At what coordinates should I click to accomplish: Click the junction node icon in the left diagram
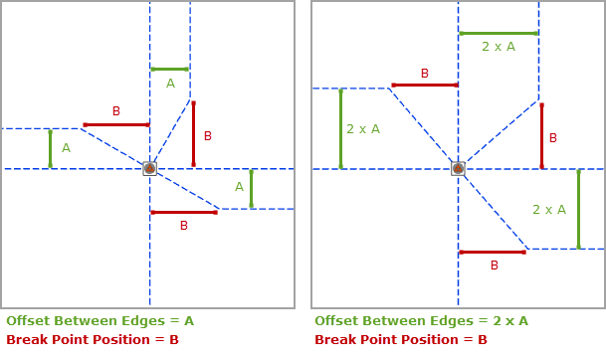tap(149, 169)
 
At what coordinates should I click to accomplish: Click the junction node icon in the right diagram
tap(458, 169)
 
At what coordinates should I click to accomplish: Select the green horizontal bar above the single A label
tap(170, 69)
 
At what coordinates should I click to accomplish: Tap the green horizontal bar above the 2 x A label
tap(499, 33)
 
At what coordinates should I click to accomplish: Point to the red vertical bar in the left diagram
tap(193, 133)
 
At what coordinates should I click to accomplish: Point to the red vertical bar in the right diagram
tap(541, 135)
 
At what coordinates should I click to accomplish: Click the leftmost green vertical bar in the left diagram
tap(50, 148)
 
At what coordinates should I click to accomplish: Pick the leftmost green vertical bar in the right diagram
tap(340, 128)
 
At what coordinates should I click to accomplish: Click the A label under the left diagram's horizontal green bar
tap(170, 85)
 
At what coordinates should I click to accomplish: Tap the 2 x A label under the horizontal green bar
tap(499, 47)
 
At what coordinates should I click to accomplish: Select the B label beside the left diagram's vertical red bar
tap(208, 136)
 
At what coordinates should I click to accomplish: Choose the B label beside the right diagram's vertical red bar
tap(553, 138)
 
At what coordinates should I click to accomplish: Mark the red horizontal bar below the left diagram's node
tap(184, 212)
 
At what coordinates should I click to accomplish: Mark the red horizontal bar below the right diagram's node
tap(493, 252)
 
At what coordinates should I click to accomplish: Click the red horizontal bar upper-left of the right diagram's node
tap(425, 85)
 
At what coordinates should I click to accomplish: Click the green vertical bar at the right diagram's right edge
tap(578, 209)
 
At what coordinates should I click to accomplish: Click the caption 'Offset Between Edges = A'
tap(101, 321)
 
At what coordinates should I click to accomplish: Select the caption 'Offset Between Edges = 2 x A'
tap(421, 321)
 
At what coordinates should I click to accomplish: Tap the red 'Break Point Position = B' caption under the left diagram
tap(93, 340)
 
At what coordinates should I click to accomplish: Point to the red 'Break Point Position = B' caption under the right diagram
tap(401, 340)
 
